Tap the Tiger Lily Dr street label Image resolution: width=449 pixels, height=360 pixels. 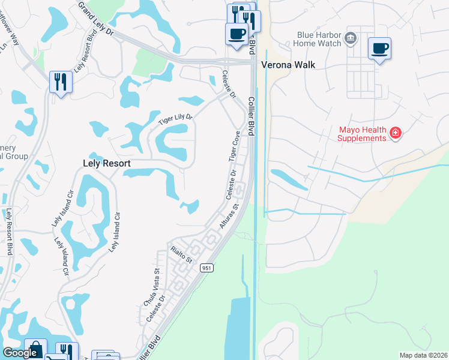pos(174,120)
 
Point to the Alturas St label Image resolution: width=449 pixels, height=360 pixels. pos(229,215)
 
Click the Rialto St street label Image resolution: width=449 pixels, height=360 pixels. pos(180,254)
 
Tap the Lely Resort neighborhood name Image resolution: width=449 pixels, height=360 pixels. pos(106,163)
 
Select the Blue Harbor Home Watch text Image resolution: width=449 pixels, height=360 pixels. pos(319,39)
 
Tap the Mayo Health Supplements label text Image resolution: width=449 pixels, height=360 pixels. pos(361,134)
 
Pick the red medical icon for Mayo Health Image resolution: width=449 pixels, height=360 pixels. pos(395,133)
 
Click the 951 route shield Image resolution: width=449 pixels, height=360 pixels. pos(206,268)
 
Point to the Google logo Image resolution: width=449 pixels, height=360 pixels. pos(20,353)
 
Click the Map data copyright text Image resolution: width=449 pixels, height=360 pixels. pos(424,355)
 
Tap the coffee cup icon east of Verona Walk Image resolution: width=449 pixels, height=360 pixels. pos(379,48)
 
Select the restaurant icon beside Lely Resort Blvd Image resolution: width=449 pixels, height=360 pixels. pos(61,82)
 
